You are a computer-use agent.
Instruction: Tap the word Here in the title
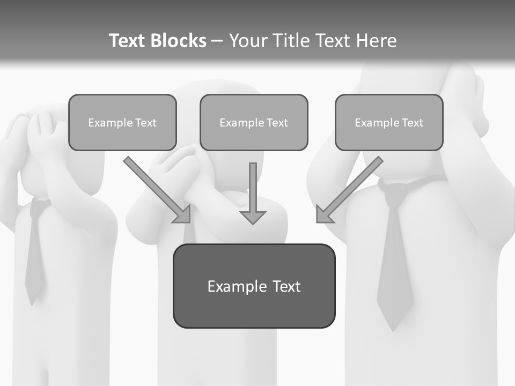coord(376,41)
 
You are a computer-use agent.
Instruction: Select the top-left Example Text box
coord(122,122)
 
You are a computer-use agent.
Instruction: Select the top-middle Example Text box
coord(254,122)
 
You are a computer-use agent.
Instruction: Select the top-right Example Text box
coord(389,122)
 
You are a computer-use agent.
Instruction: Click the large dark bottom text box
coord(254,286)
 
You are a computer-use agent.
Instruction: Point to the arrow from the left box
coord(156,188)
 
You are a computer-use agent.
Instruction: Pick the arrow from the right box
coord(351,188)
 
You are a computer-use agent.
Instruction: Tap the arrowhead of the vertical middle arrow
coord(253,217)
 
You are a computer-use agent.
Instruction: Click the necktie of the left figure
coord(34,252)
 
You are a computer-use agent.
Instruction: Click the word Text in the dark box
coord(286,286)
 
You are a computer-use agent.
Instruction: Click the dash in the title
coord(217,41)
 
